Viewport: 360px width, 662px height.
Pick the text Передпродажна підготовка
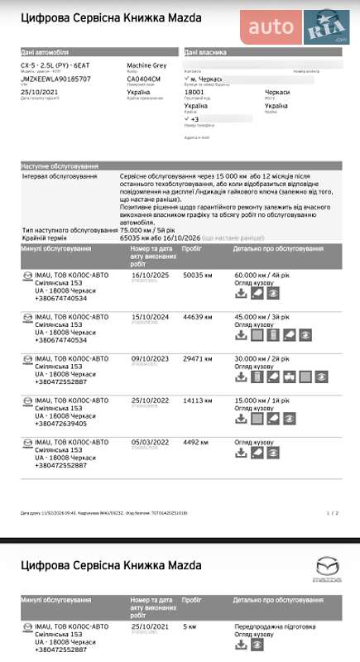[274, 626]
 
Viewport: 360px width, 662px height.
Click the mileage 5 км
[190, 626]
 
